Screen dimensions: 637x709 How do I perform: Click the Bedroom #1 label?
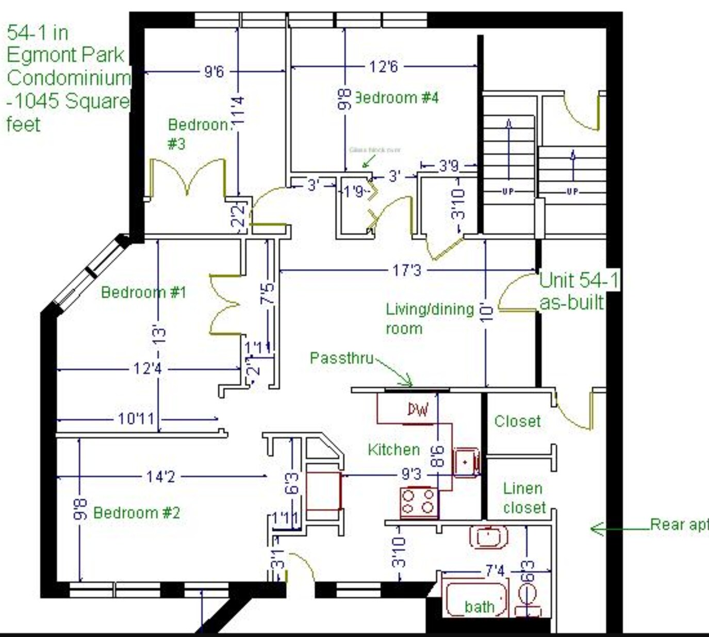pos(143,292)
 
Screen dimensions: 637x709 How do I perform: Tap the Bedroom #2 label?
pos(137,513)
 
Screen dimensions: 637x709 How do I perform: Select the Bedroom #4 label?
pos(397,97)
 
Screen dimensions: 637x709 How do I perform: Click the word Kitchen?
pos(393,450)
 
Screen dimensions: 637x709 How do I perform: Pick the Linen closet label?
pos(523,498)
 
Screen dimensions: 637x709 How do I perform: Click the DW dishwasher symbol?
pos(418,410)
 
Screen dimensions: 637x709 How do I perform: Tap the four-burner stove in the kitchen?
pos(419,501)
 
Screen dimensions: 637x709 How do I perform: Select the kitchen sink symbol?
pos(466,462)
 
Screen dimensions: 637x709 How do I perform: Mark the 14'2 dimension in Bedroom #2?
pos(160,477)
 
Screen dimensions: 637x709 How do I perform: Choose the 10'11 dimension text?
pos(136,418)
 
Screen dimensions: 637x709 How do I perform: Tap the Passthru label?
pos(341,358)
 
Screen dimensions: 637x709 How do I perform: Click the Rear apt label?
pos(679,525)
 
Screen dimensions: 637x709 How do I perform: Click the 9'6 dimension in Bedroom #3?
pos(214,71)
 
